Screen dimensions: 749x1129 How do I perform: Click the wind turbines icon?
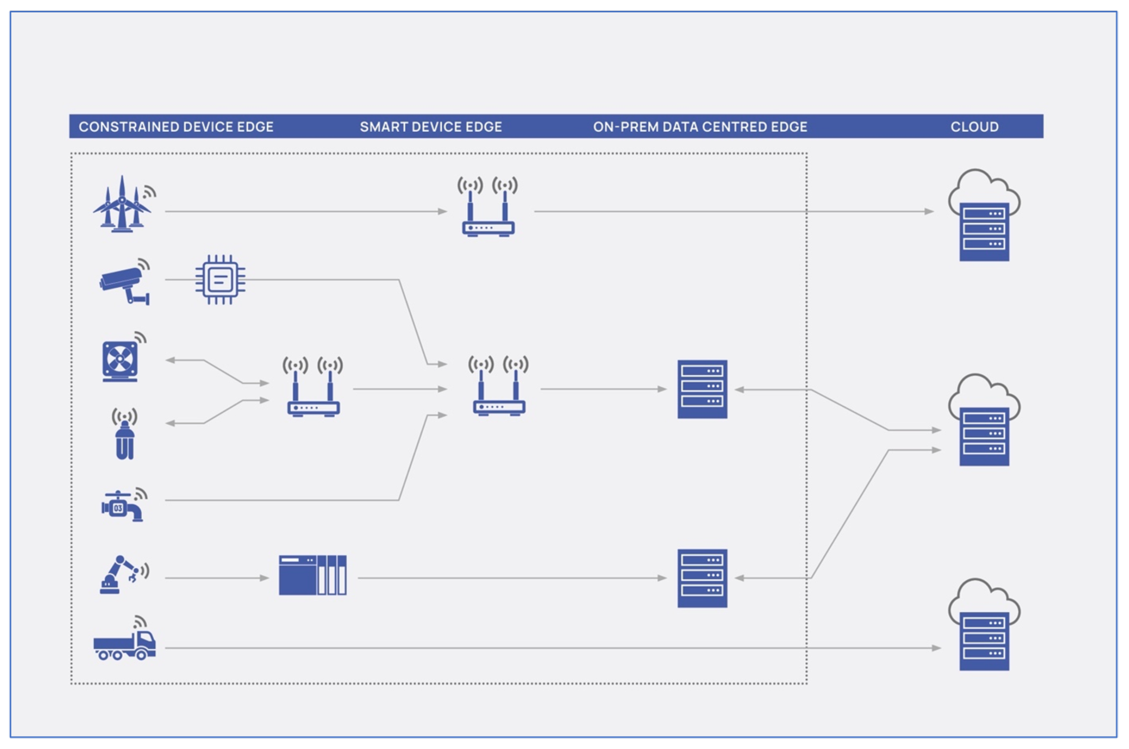[122, 205]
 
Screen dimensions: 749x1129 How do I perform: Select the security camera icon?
[124, 283]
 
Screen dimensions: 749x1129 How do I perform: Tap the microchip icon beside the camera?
[220, 280]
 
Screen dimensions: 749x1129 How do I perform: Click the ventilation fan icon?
[120, 359]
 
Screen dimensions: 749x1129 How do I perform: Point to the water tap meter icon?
[122, 506]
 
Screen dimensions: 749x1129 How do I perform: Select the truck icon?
[125, 643]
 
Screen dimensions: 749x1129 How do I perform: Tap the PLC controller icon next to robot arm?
[312, 575]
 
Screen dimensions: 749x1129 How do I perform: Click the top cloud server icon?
[984, 217]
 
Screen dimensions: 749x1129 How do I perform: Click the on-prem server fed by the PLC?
[702, 578]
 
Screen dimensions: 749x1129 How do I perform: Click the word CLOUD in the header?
[974, 126]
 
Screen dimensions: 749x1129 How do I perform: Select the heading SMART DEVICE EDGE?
[431, 126]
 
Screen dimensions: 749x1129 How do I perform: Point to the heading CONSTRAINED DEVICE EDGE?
[176, 126]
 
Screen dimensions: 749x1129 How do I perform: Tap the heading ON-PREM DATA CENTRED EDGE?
[700, 126]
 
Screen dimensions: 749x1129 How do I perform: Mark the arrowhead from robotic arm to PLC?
[265, 578]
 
